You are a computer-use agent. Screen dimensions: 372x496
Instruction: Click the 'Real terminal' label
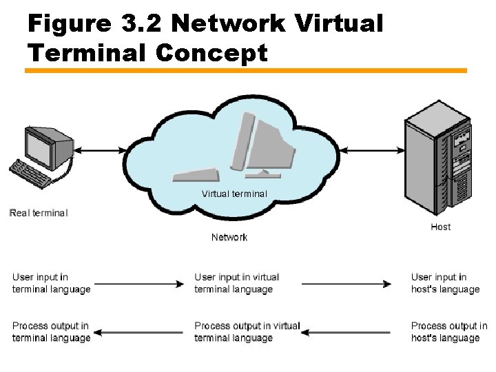point(39,213)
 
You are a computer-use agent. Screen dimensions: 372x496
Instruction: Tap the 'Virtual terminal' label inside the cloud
point(234,194)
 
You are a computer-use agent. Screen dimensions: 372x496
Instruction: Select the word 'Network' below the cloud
point(229,237)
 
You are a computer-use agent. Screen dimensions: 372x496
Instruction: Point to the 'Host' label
point(441,227)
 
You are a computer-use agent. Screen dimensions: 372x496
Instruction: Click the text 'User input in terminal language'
point(51,283)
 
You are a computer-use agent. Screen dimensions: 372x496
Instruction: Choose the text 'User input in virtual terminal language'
point(237,283)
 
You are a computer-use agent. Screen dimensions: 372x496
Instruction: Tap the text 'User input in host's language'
point(445,283)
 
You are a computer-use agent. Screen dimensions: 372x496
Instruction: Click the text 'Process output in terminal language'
point(51,331)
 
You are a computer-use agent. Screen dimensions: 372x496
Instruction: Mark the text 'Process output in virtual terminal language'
point(247,331)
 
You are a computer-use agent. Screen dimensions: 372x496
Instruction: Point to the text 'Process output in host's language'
point(448,331)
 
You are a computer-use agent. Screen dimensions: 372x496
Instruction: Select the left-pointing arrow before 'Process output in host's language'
point(351,332)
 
